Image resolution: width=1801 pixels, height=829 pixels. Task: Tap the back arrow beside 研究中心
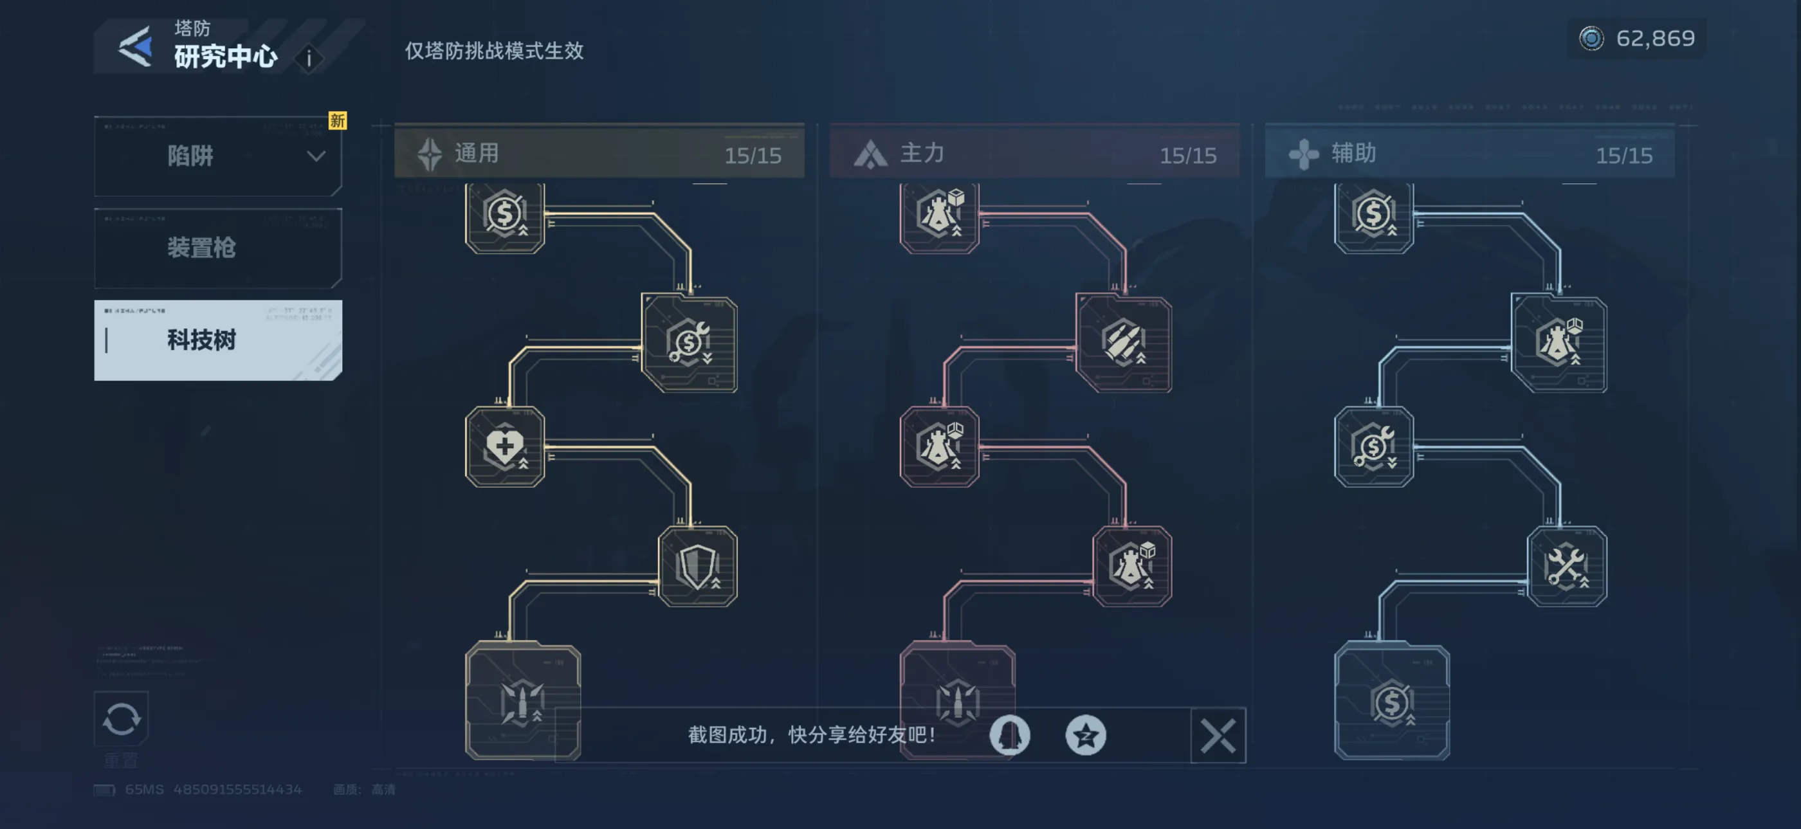[x=136, y=47]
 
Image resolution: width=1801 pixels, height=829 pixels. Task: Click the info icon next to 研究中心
[x=309, y=59]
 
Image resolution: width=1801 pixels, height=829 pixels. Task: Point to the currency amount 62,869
[x=1654, y=39]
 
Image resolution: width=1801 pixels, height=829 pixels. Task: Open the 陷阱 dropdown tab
[x=217, y=156]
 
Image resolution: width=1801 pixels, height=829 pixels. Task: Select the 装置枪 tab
[x=217, y=248]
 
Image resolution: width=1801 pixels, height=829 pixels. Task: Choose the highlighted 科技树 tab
[x=217, y=340]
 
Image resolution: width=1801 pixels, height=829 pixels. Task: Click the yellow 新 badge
[x=338, y=121]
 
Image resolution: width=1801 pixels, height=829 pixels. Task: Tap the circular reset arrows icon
[x=122, y=718]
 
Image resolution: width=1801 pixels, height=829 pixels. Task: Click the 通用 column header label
[x=477, y=153]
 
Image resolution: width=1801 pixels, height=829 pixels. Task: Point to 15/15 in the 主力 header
[x=1187, y=155]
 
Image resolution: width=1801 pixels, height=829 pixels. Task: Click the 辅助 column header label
[x=1353, y=153]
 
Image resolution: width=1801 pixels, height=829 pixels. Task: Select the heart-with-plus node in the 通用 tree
[x=505, y=446]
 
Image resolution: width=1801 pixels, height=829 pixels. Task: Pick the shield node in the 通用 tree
[x=697, y=566]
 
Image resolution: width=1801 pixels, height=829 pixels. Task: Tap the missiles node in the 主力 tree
[x=1123, y=343]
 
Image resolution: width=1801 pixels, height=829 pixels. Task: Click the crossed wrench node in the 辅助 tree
[x=1566, y=566]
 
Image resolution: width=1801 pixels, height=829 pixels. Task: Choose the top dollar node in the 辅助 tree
[x=1374, y=215]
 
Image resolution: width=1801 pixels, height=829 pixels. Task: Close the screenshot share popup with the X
[x=1217, y=735]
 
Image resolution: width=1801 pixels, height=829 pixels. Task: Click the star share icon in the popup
[x=1085, y=735]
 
